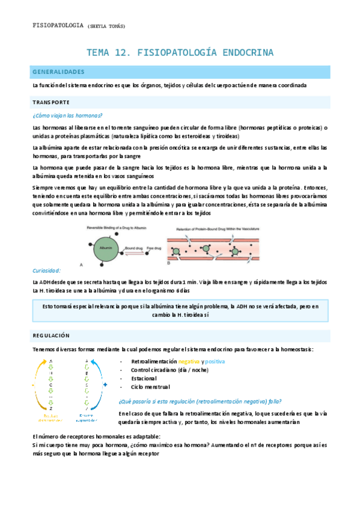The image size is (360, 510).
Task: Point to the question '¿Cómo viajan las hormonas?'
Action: coord(67,115)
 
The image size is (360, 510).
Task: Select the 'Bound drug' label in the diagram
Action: coord(133,247)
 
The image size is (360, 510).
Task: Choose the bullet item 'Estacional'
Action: coord(144,378)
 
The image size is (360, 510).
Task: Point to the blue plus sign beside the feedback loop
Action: coord(105,384)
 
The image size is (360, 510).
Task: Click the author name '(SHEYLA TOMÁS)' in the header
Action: coord(106,26)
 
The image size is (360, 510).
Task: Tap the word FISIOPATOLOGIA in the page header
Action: coord(58,26)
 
